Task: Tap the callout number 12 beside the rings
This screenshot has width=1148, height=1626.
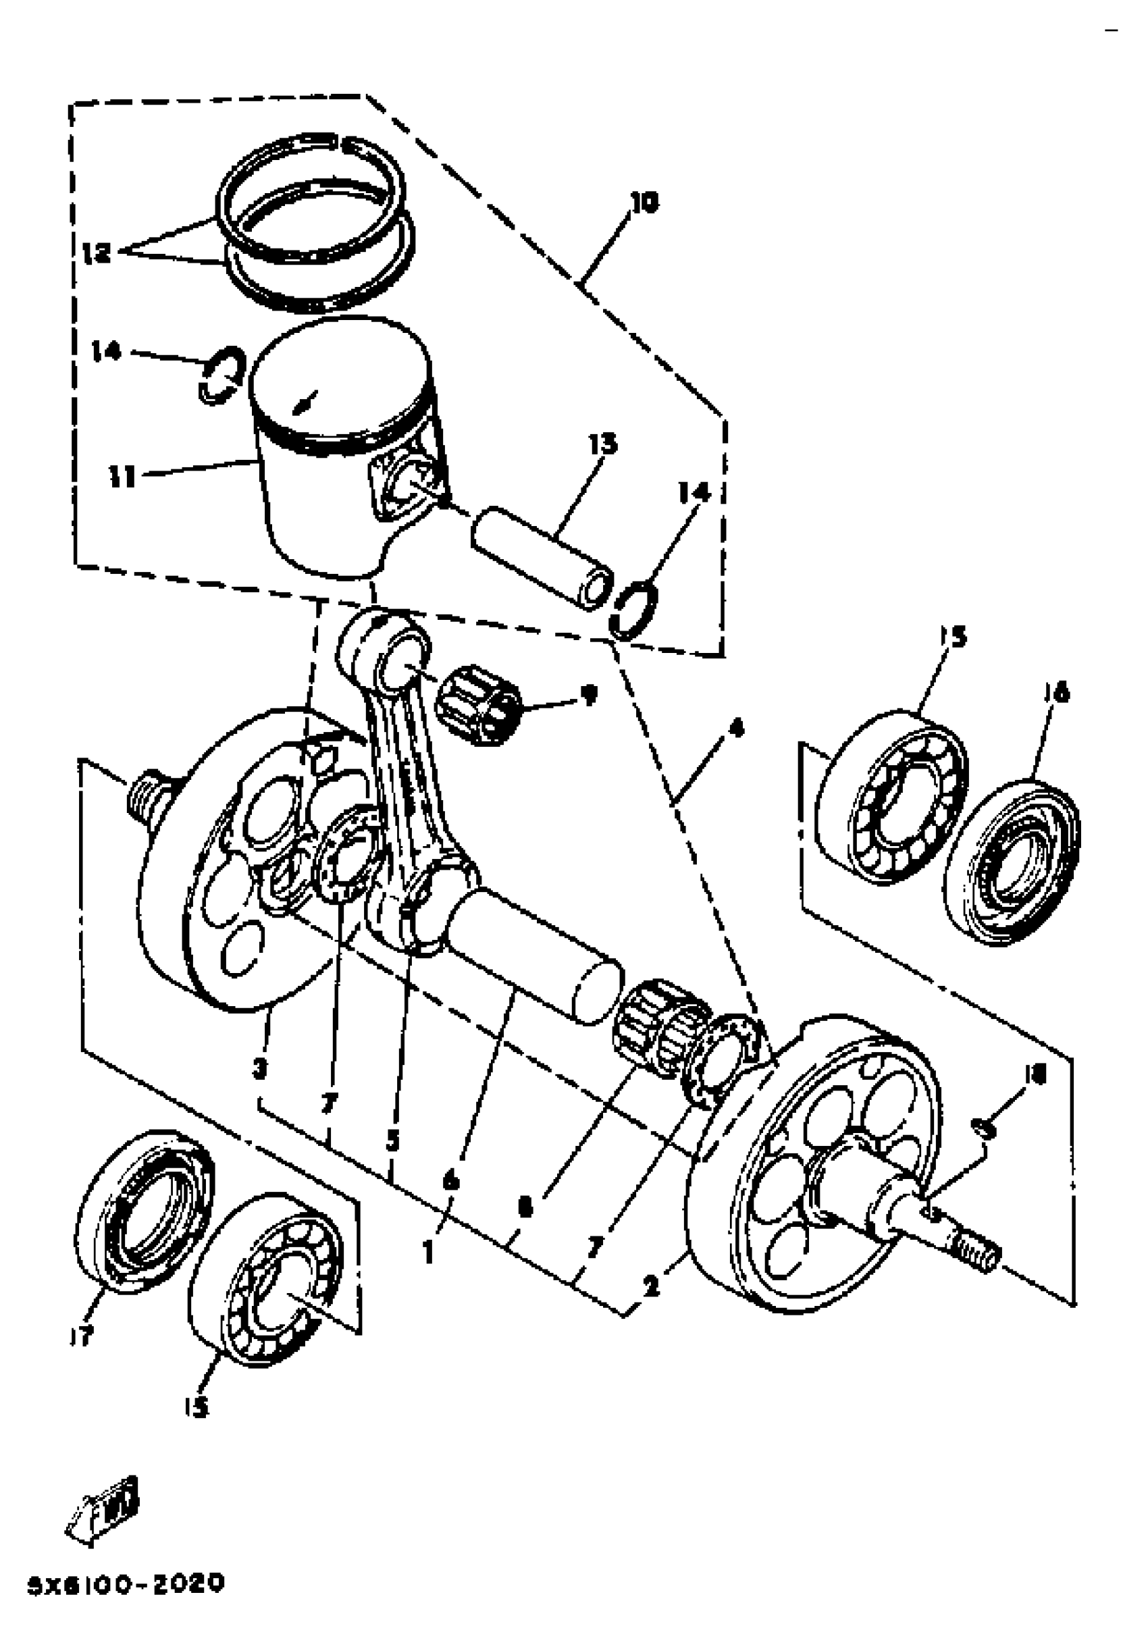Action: click(x=96, y=252)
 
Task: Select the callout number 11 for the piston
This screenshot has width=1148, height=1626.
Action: click(x=122, y=476)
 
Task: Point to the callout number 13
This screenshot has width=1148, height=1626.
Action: click(x=602, y=444)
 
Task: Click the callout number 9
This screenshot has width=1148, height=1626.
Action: click(x=588, y=694)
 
